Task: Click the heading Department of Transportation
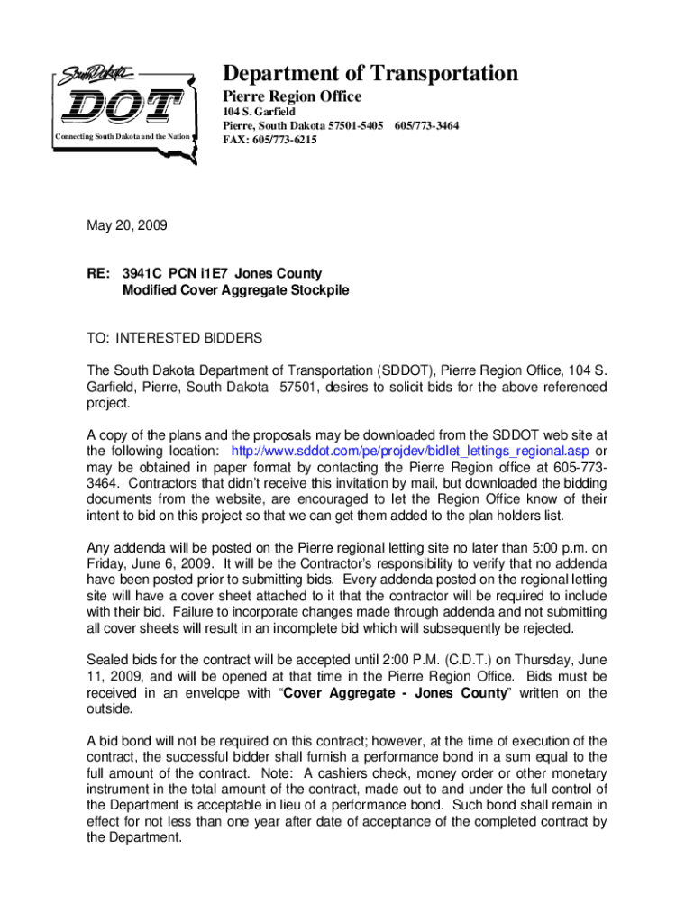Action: click(370, 74)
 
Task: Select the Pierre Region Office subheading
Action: click(292, 96)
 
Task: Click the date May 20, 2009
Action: click(127, 227)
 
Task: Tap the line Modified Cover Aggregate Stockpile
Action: click(235, 290)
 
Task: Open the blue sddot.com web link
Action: click(411, 450)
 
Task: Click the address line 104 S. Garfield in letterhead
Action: click(260, 112)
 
